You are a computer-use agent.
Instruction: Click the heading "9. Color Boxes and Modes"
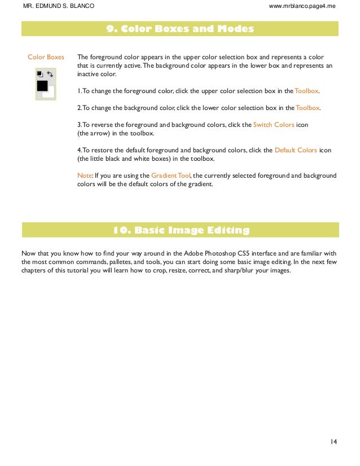(x=180, y=29)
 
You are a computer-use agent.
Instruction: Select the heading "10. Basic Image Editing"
(x=180, y=230)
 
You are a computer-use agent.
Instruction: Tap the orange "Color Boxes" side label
(x=46, y=57)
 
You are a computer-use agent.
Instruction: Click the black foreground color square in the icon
(x=42, y=86)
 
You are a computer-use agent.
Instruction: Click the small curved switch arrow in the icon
(x=50, y=73)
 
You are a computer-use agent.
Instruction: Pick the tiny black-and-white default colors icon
(x=39, y=73)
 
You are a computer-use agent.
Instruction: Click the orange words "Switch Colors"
(x=274, y=125)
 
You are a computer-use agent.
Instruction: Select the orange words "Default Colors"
(x=295, y=150)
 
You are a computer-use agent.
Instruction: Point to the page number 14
(x=333, y=441)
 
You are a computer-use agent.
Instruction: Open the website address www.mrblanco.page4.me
(x=303, y=6)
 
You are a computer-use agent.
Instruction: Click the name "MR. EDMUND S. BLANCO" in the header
(x=58, y=6)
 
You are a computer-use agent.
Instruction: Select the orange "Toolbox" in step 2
(x=308, y=108)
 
